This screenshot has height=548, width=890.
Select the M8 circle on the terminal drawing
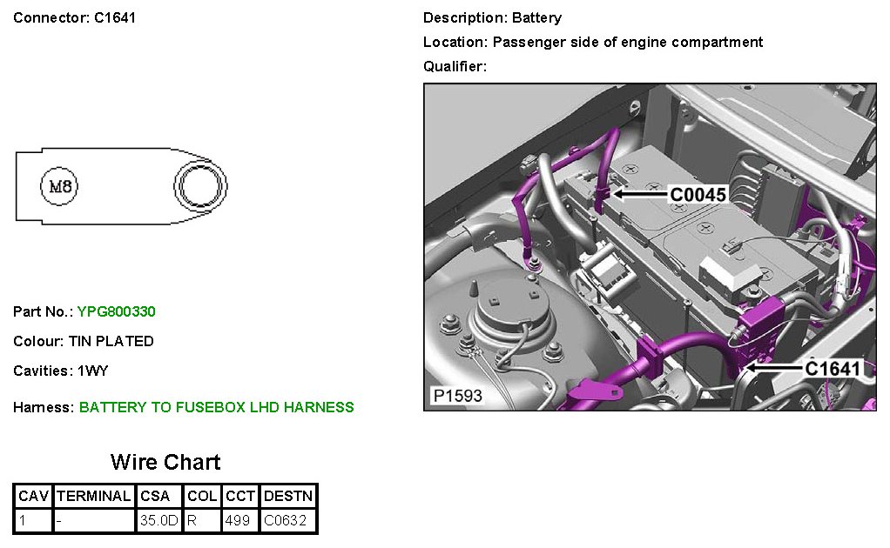60,186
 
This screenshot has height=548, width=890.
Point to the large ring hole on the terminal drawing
200,185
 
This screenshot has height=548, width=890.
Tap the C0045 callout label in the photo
697,195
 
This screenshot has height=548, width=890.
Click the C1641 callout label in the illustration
833,369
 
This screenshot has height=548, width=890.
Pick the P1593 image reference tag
457,397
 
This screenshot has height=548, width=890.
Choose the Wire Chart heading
165,462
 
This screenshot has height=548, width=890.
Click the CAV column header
34,496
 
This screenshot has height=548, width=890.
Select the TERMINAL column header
93,496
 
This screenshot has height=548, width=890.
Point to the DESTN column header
288,496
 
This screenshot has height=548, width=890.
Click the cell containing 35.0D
158,521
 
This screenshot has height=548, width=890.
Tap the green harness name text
216,407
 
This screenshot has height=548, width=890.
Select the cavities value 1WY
93,371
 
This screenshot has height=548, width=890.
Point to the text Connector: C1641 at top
75,17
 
